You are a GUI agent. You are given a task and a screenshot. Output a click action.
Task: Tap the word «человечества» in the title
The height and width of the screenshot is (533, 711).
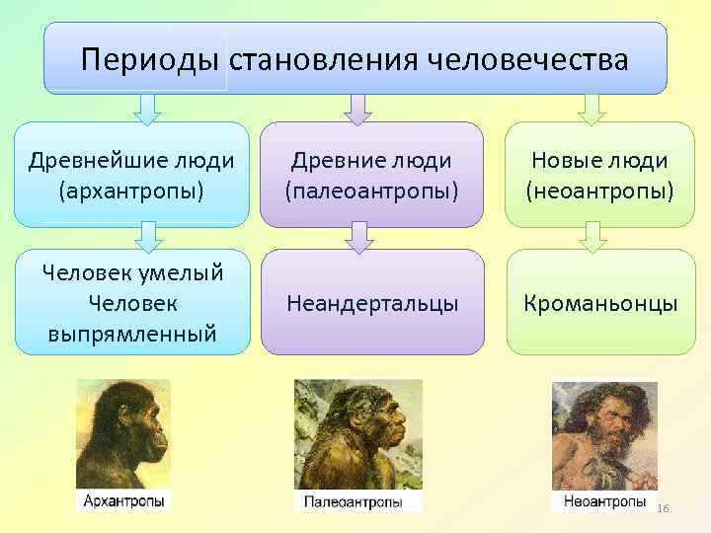click(527, 60)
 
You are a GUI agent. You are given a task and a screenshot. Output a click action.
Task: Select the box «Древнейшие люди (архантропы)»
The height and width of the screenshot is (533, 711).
click(131, 174)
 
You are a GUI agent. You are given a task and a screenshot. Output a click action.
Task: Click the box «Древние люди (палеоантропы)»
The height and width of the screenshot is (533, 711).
click(372, 174)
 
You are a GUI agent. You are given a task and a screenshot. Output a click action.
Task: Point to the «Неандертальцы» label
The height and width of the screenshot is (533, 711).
click(372, 302)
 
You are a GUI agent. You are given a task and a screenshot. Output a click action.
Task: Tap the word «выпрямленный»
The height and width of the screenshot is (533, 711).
click(131, 334)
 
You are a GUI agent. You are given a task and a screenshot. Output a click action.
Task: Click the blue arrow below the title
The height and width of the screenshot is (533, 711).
click(146, 109)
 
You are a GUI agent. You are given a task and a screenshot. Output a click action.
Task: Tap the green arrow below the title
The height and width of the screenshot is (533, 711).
click(591, 109)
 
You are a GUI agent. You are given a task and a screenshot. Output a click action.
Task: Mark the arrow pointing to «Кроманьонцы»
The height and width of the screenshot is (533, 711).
click(591, 235)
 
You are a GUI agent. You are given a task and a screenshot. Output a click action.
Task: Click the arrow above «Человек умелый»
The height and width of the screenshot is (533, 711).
click(146, 235)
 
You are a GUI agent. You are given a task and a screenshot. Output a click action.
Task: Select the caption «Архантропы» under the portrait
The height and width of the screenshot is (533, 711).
click(123, 501)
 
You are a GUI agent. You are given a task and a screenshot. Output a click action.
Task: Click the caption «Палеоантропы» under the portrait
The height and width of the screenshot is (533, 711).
click(353, 502)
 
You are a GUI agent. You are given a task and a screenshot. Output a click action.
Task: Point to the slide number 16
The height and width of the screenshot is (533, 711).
click(663, 507)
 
